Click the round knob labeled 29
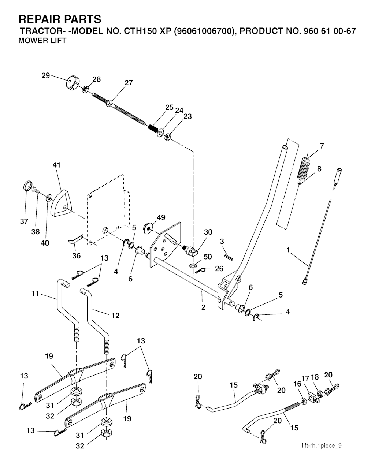pos(73,84)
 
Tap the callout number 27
pos(129,83)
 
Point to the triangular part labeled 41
pos(61,203)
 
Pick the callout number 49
pos(161,217)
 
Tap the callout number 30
pos(208,232)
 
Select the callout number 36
pos(77,256)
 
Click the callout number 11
pos(35,294)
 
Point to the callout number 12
pos(115,316)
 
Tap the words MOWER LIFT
pos(42,41)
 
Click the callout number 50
pos(208,257)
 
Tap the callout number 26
pos(219,269)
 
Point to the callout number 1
pos(288,250)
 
